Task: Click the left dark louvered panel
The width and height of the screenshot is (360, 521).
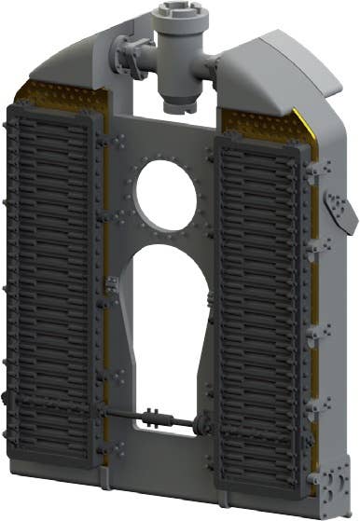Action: tap(51, 280)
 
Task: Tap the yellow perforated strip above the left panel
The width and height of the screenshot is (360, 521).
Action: tap(56, 93)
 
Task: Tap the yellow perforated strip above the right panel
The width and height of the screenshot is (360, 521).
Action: tap(256, 121)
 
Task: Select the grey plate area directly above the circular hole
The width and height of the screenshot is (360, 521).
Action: tap(166, 140)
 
